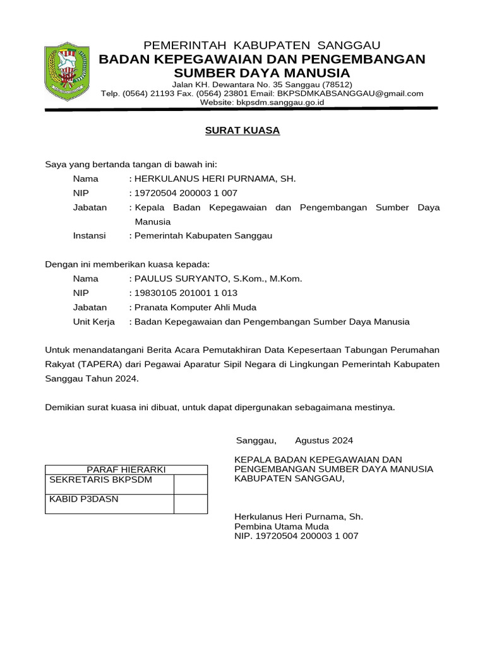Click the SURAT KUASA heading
click(242, 131)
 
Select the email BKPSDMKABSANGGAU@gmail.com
click(361, 93)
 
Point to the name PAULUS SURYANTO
click(176, 278)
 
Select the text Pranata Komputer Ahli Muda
click(195, 307)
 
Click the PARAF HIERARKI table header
click(126, 470)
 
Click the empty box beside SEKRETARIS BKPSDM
click(191, 484)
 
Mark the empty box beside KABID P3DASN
click(191, 503)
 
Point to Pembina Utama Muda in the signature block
click(282, 526)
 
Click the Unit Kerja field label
click(94, 322)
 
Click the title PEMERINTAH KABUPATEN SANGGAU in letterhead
click(262, 45)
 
